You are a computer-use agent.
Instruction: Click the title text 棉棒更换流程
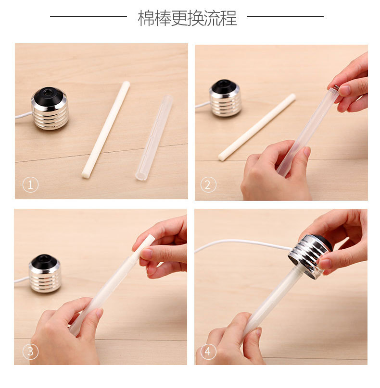tap(187, 18)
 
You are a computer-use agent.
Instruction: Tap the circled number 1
tap(30, 185)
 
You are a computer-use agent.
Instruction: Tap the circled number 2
tap(208, 185)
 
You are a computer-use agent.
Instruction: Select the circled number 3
tap(30, 352)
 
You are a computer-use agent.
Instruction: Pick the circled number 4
tap(208, 352)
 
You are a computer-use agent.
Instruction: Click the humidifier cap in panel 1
tap(50, 109)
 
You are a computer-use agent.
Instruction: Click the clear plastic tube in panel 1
tap(153, 137)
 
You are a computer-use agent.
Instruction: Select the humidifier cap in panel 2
tap(225, 98)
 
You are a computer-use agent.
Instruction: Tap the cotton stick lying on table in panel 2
tap(257, 127)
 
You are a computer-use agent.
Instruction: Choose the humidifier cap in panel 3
tap(45, 274)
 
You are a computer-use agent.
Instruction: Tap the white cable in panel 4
tap(241, 242)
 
